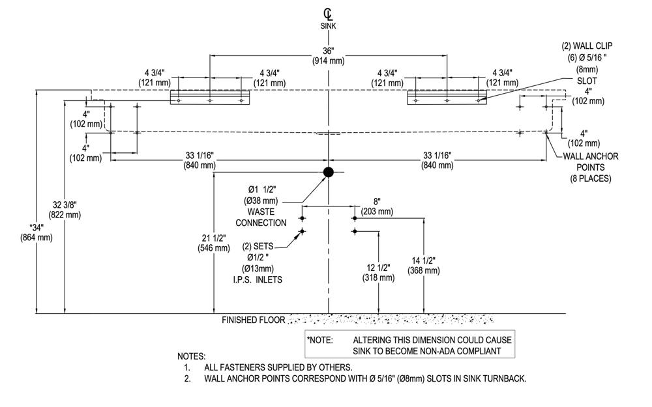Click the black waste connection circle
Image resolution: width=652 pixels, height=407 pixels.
(x=329, y=172)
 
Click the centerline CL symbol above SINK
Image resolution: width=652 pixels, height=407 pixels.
(x=328, y=14)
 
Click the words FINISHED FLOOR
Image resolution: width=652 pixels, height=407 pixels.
(x=253, y=320)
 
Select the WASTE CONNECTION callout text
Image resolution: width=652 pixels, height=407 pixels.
(x=261, y=218)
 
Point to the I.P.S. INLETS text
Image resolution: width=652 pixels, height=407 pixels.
(x=258, y=279)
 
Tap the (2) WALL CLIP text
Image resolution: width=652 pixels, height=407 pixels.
(x=587, y=46)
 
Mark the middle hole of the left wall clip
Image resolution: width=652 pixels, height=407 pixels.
(x=209, y=100)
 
